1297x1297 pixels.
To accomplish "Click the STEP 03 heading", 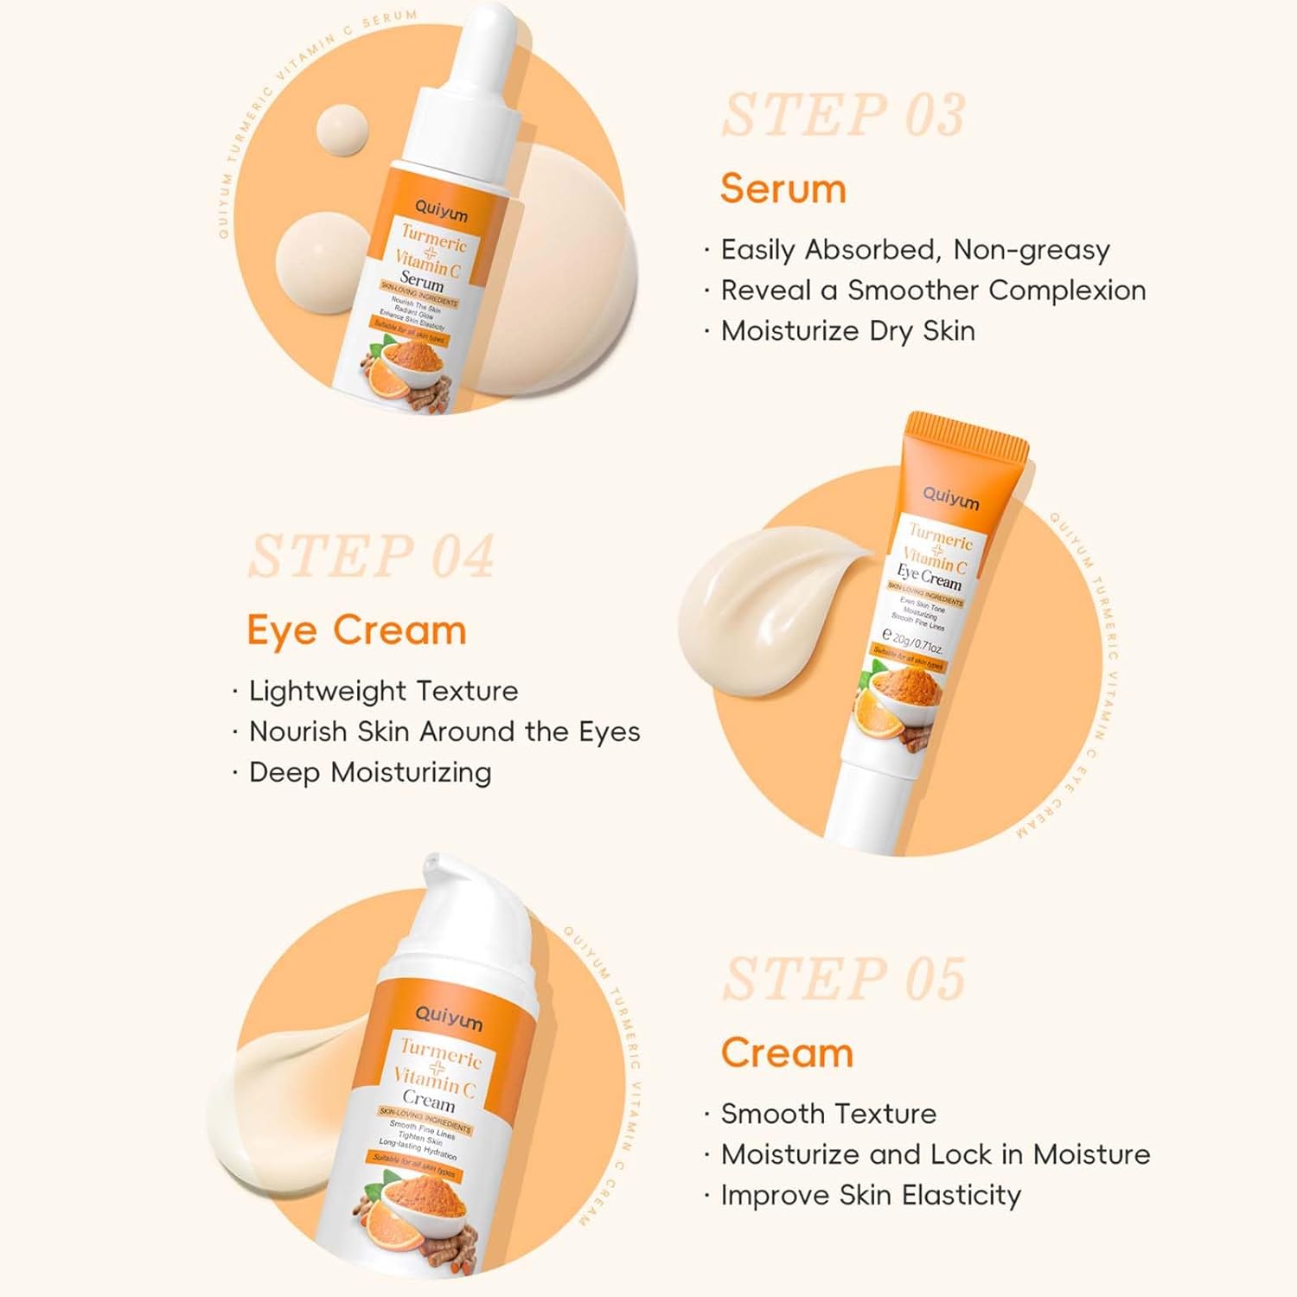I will [843, 116].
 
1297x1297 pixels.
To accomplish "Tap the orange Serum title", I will [783, 188].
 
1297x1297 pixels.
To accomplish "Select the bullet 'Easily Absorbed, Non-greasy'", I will [915, 250].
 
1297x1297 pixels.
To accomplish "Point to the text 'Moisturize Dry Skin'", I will [847, 331].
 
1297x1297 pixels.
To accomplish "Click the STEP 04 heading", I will [371, 556].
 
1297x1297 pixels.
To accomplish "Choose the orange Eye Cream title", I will [356, 630].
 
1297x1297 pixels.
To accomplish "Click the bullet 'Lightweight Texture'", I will [383, 691].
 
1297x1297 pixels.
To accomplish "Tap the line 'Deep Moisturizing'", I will [369, 772].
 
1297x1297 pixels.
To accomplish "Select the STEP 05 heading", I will [843, 980].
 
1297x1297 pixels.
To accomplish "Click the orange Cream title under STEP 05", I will [787, 1053].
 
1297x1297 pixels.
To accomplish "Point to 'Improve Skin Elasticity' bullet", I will [870, 1195].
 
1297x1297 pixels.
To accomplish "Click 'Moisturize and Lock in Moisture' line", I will [935, 1154].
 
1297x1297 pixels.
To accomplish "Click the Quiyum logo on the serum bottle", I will [440, 210].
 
